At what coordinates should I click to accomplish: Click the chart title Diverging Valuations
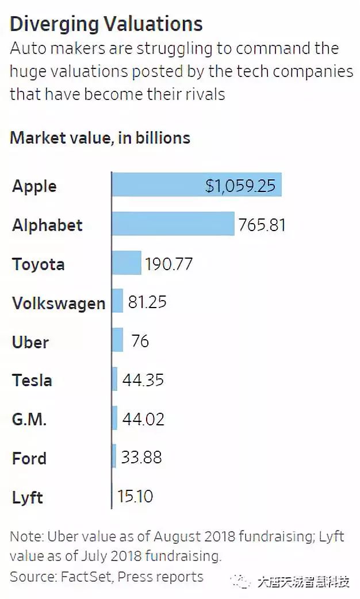106,24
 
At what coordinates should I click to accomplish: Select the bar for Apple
158,185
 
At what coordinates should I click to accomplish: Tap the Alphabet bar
173,224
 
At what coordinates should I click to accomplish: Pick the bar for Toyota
127,263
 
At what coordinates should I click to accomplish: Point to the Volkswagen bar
118,301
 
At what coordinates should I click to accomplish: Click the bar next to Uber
118,340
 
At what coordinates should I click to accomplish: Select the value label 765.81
263,224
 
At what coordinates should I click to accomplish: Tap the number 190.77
169,264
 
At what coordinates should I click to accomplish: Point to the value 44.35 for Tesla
143,380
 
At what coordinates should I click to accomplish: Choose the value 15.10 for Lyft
135,496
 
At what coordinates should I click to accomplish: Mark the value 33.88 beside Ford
141,458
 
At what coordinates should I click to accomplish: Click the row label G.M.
29,419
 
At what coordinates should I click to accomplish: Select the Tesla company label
32,380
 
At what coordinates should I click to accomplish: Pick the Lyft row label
28,497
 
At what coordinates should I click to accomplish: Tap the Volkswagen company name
59,303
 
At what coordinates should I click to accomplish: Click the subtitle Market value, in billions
100,138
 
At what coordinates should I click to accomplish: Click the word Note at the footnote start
24,537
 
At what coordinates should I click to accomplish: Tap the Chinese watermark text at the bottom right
303,582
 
